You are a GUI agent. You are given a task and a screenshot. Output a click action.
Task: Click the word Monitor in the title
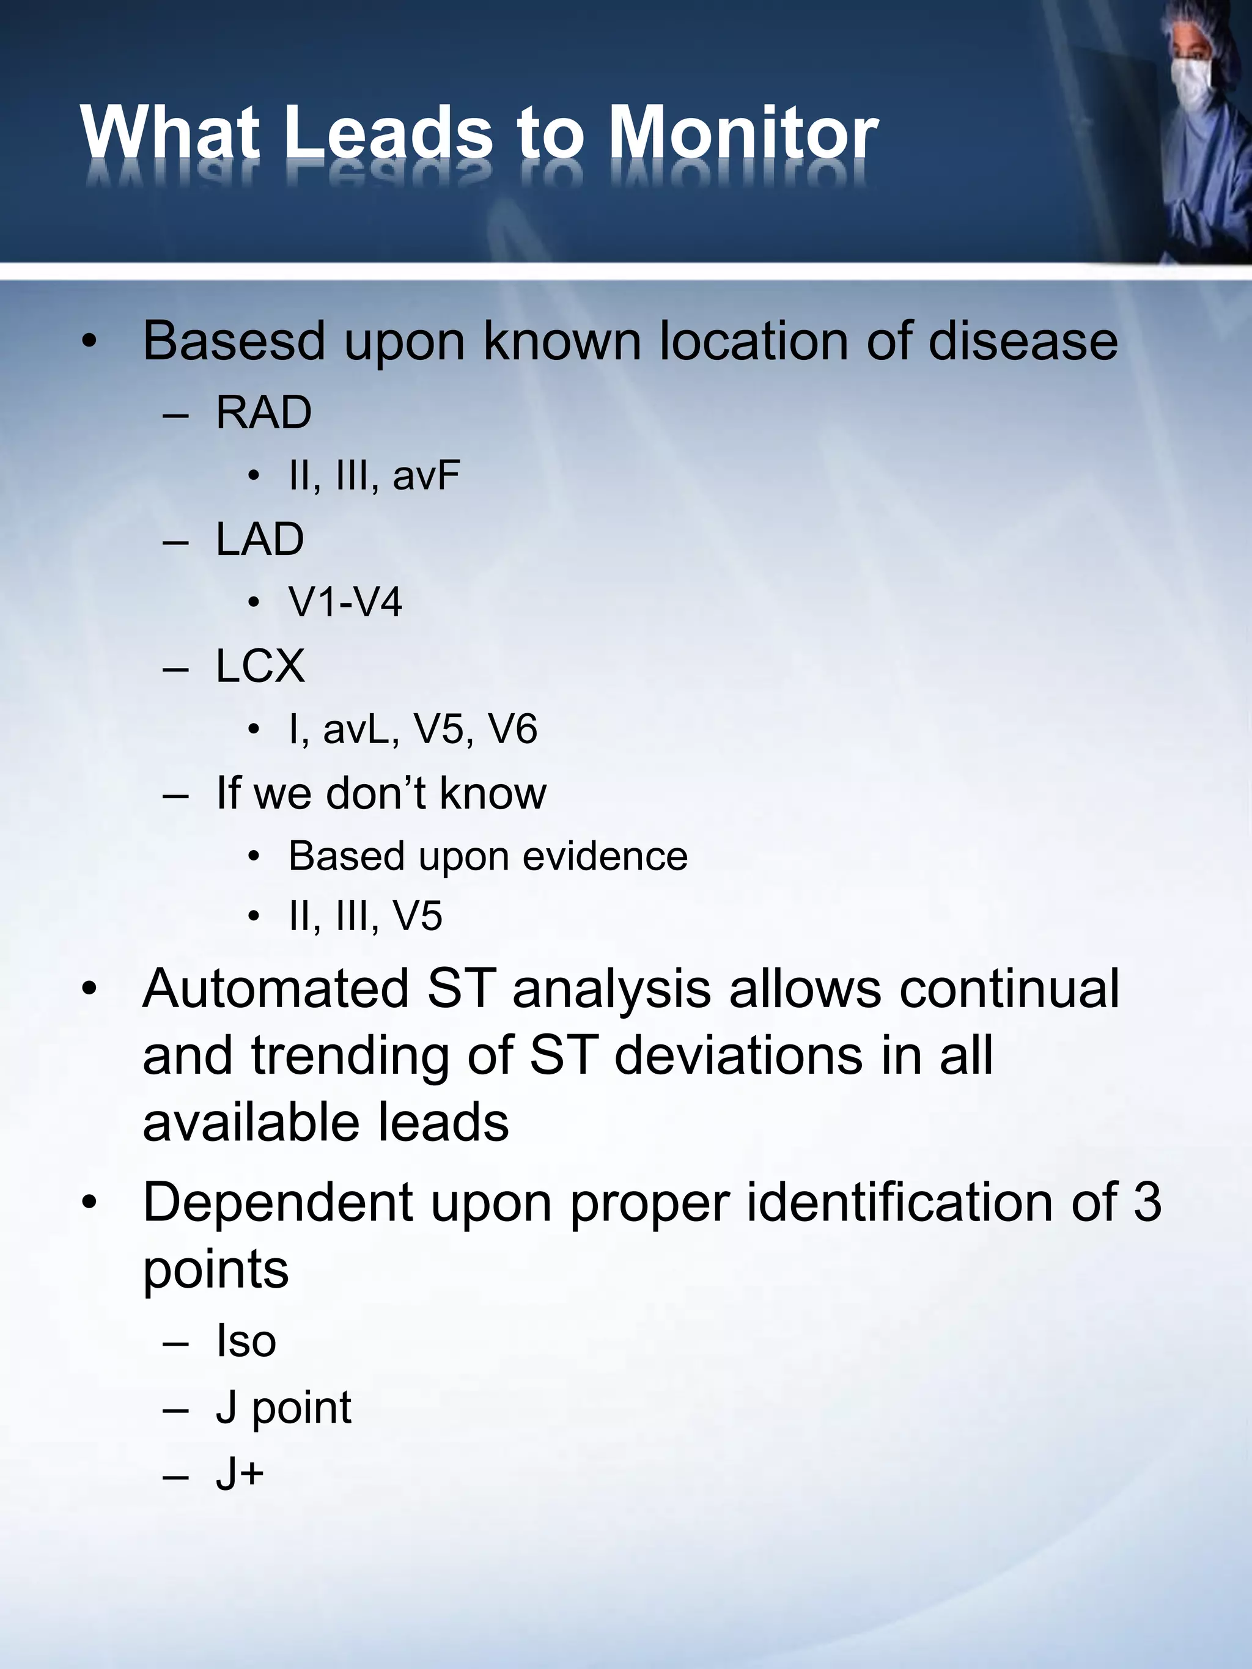point(743,133)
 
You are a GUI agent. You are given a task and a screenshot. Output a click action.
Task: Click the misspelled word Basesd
point(234,341)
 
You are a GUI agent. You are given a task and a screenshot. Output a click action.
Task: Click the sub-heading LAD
point(260,540)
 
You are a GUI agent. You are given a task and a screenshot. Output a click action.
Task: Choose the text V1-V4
point(345,602)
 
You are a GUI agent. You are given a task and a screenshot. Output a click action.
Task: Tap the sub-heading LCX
point(260,666)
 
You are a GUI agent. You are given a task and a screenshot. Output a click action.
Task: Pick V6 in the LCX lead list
point(512,730)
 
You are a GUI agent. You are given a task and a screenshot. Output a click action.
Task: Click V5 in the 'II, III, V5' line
point(418,917)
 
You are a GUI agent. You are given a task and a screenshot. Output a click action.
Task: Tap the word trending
point(351,1055)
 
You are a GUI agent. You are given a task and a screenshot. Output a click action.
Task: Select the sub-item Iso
point(246,1341)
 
